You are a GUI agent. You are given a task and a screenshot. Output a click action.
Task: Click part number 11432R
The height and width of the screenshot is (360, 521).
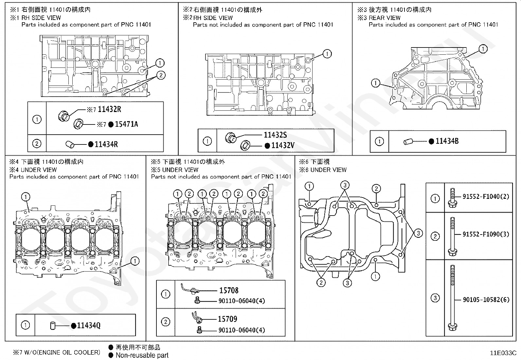tap(109, 109)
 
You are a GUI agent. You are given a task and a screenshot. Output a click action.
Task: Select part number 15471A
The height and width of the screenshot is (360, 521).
tap(126, 124)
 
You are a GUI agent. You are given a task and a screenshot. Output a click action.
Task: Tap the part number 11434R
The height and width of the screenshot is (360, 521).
tap(106, 144)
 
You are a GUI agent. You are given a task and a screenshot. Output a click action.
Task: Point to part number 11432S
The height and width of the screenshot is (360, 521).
tap(275, 135)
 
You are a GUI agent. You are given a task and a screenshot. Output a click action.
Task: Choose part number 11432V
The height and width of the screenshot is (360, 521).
tap(283, 145)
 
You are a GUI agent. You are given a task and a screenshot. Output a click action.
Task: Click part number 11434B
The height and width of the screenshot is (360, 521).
tap(447, 141)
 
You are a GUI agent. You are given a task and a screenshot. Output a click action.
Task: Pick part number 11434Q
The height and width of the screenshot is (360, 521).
tap(89, 325)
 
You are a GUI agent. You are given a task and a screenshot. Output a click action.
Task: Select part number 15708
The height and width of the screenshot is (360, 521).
tap(229, 290)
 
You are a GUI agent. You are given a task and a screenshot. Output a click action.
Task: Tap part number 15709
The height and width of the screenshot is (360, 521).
tap(227, 319)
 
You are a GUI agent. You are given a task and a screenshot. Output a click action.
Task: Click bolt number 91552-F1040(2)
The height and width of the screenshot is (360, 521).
tap(486, 197)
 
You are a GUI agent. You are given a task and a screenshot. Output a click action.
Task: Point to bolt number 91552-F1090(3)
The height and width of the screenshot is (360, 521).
tap(486, 234)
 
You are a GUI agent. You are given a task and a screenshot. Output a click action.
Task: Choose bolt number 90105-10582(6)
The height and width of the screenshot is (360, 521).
tap(486, 299)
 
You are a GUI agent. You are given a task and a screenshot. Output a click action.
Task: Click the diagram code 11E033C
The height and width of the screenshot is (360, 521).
tap(503, 353)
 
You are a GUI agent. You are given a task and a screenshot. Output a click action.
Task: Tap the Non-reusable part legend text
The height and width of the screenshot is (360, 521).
tap(142, 355)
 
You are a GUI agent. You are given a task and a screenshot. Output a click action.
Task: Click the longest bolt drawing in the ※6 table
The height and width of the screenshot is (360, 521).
tap(452, 298)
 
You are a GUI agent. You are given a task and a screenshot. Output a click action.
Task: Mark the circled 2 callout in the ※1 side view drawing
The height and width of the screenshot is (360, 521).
tap(161, 75)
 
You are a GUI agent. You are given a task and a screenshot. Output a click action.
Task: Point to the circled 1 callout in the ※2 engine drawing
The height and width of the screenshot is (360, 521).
tap(327, 54)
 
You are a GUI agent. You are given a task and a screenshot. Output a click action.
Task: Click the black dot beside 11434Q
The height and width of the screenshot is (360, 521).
tap(74, 326)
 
